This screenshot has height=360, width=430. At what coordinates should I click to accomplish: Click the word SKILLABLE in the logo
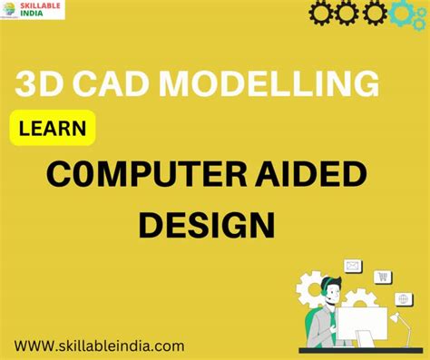pos(40,5)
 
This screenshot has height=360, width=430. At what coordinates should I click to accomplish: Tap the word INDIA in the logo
pos(32,14)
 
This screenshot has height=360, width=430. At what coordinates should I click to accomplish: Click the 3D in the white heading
pos(38,83)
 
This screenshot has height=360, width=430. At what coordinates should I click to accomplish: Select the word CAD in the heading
pos(111,83)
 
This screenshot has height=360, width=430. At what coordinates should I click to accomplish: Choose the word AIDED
pos(311,174)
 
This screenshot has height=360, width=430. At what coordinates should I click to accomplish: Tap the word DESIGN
pos(207,225)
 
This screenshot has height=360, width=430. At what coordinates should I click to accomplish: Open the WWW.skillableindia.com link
pos(99,345)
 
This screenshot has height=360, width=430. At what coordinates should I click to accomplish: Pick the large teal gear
pos(402,14)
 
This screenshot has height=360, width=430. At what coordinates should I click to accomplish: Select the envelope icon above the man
pos(353,266)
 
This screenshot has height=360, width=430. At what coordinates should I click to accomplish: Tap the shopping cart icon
pos(383,277)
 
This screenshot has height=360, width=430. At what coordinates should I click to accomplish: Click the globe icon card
pos(404,299)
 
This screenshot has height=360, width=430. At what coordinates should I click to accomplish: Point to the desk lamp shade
pos(396,316)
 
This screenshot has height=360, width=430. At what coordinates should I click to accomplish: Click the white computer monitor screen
pos(362,324)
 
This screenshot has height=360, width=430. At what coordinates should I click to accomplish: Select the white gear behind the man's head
pos(310,289)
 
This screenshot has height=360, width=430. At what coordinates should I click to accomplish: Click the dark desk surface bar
pos(361,350)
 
